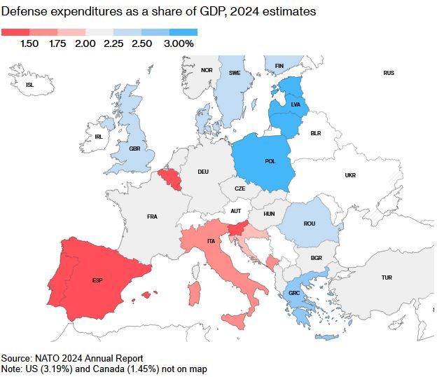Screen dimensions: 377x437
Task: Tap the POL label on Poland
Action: (270, 160)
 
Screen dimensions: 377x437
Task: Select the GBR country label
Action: (134, 148)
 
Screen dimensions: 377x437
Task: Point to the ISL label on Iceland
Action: (29, 85)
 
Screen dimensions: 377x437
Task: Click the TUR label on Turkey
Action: (387, 277)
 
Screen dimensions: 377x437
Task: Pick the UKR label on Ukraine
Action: (350, 175)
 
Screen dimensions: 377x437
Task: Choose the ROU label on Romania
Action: (310, 224)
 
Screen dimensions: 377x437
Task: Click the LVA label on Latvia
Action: (295, 104)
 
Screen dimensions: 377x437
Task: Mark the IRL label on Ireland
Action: (98, 136)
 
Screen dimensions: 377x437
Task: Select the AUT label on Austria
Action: (236, 210)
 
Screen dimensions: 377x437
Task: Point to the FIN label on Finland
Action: (279, 66)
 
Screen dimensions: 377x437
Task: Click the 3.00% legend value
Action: (179, 43)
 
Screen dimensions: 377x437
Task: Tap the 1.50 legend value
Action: (29, 43)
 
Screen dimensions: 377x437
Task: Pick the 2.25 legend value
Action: (113, 43)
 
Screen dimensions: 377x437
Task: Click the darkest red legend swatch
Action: (15, 32)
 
